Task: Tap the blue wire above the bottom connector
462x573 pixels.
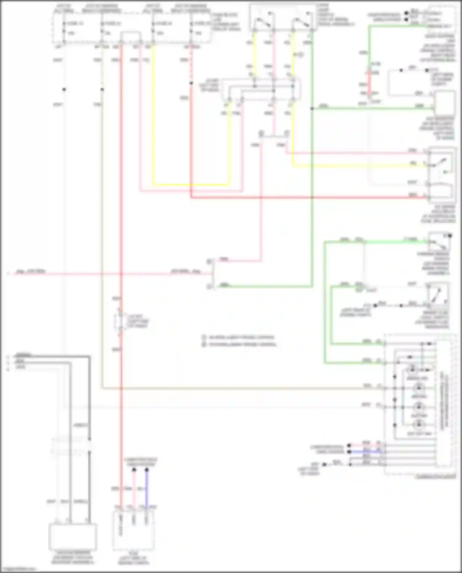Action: [x=147, y=490]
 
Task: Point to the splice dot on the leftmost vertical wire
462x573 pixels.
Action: [x=64, y=90]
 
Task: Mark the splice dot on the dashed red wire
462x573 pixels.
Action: [x=191, y=83]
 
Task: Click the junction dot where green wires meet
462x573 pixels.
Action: [x=312, y=109]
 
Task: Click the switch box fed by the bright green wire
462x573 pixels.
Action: [x=439, y=242]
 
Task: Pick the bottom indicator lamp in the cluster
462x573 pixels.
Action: [x=419, y=425]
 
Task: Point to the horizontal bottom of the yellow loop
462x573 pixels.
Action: [x=191, y=185]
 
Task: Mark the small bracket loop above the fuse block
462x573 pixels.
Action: [x=131, y=36]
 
